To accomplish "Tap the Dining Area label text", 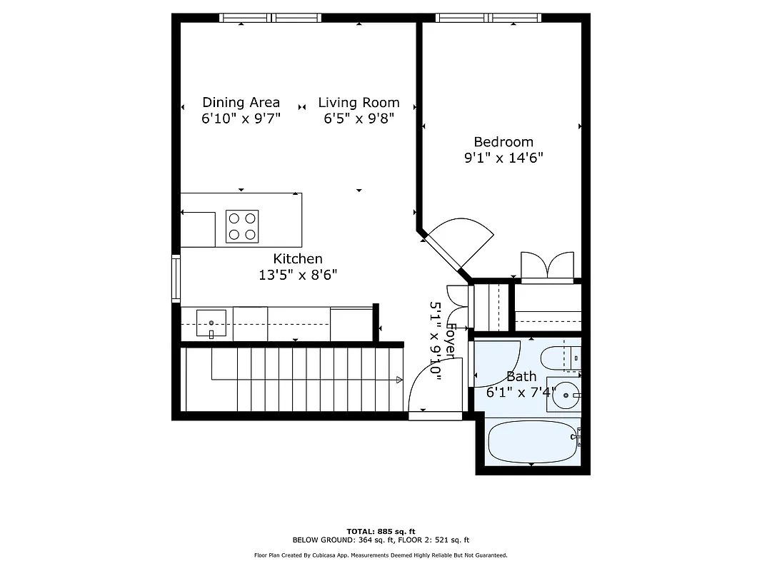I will tap(241, 102).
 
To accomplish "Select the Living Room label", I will tap(359, 102).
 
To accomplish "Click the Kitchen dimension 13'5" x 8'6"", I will tap(298, 274).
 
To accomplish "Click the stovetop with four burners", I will tap(241, 226).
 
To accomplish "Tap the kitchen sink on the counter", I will tap(211, 325).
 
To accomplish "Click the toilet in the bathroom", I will tap(561, 358).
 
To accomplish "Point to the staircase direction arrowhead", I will tap(398, 380).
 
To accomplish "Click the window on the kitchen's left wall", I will tap(175, 278).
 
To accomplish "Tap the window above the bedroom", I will tap(488, 18).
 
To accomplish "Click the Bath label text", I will tap(521, 376).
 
